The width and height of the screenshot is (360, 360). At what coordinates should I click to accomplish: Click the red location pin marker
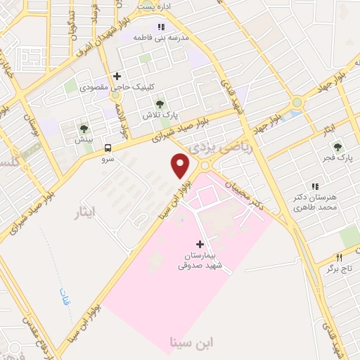click(181, 165)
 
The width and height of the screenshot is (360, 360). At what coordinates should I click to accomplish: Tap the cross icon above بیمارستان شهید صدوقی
click(200, 244)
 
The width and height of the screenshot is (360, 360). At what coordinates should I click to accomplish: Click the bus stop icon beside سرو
click(108, 148)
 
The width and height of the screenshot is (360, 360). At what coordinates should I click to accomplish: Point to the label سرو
click(108, 159)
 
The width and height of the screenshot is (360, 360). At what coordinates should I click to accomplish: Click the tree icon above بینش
click(84, 128)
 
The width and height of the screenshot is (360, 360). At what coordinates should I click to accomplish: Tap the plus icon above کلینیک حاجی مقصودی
click(117, 76)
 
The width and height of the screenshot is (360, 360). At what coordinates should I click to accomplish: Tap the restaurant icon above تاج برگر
click(338, 257)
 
